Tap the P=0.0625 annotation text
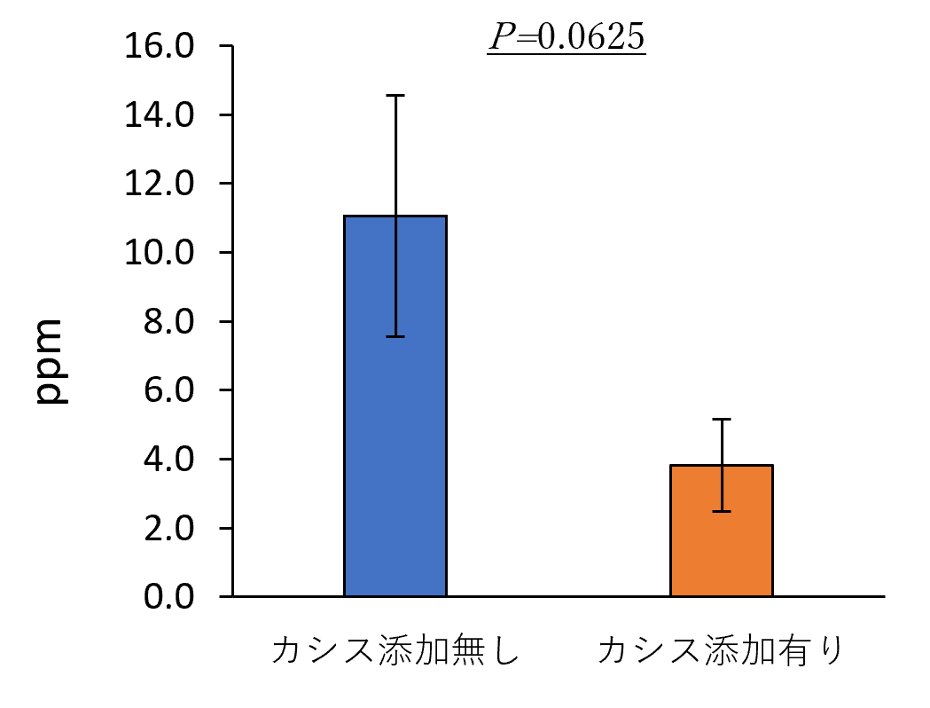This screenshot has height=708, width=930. coord(566,36)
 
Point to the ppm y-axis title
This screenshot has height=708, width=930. coord(52,362)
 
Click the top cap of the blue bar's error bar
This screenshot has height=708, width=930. coord(395,95)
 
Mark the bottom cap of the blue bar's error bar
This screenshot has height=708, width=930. coord(395,337)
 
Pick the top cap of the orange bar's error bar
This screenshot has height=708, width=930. coord(722,419)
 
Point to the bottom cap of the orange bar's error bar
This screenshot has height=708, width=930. coord(722,511)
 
